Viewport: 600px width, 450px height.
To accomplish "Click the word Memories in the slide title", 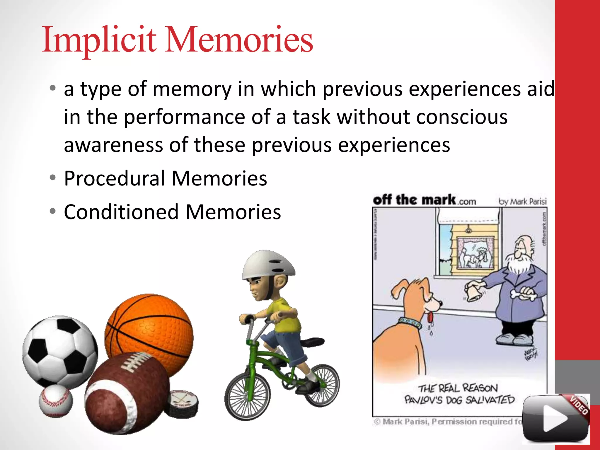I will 239,40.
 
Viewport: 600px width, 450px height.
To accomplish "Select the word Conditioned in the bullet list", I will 121,212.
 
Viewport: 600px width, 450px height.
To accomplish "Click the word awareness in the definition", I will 113,145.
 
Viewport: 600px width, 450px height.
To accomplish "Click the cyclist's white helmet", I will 268,265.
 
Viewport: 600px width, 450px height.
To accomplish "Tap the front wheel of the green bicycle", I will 248,396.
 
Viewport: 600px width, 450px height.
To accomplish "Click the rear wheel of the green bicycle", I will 322,385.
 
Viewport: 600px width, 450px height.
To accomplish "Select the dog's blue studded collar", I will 410,322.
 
